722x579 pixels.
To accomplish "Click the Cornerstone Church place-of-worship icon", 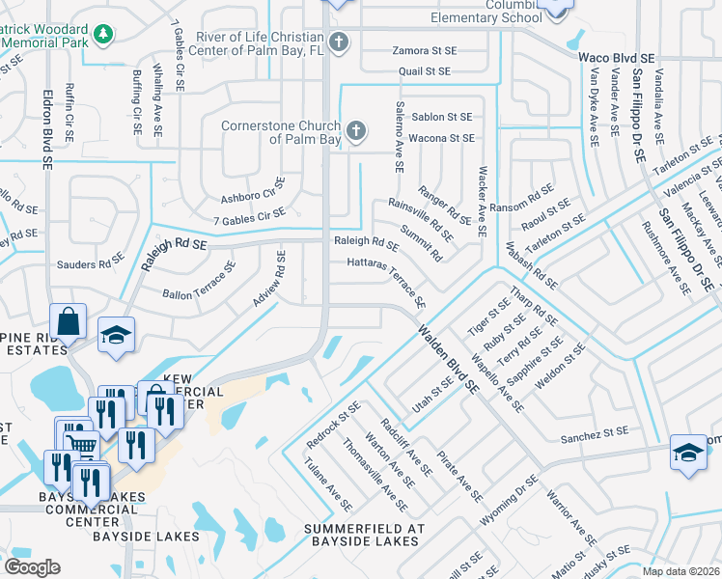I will tap(355, 130).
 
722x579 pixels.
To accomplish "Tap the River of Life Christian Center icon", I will tap(337, 41).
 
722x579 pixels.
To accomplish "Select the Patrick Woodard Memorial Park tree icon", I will tap(102, 35).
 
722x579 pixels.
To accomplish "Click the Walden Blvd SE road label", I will tap(448, 358).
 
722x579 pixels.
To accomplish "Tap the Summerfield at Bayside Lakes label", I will tap(364, 536).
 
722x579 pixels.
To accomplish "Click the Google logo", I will tap(32, 567).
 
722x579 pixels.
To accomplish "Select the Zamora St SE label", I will tap(424, 50).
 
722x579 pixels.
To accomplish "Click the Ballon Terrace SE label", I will tap(199, 281).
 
